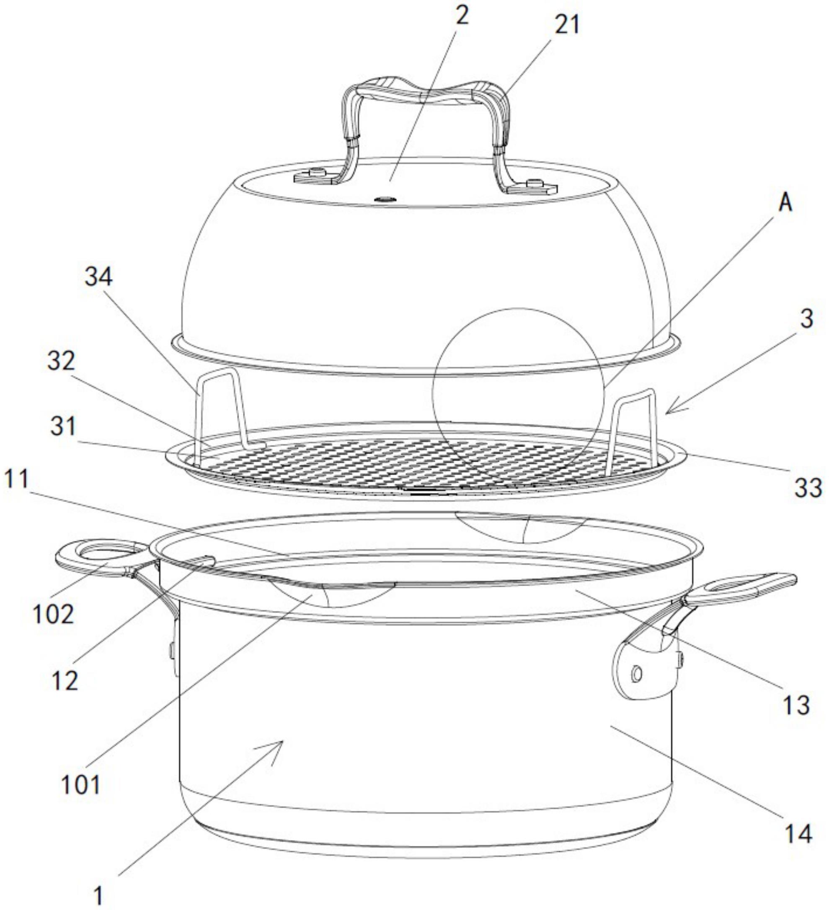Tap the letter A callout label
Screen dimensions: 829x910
pos(786,203)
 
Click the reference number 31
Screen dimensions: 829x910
pos(63,426)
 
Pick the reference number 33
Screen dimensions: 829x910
pos(807,489)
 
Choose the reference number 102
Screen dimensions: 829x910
pos(53,614)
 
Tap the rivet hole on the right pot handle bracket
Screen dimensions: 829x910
pos(636,675)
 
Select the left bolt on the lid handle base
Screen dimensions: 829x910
pos(317,172)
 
